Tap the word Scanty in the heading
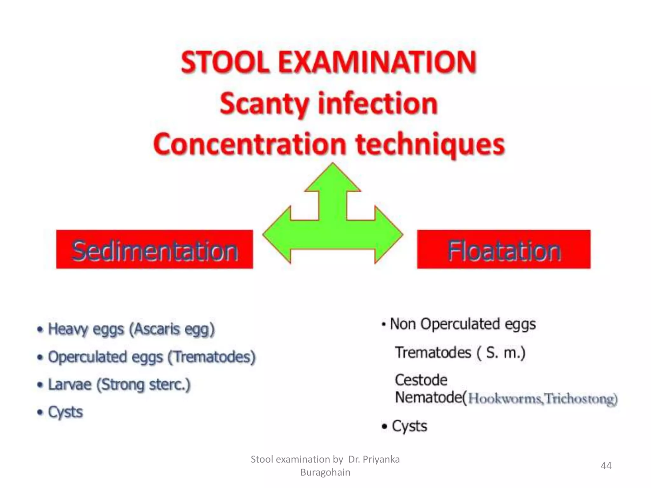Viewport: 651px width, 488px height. (264, 104)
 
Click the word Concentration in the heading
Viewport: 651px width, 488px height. (250, 144)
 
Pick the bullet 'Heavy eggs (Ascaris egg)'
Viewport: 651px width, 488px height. (131, 329)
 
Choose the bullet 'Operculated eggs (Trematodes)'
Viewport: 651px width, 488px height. (151, 357)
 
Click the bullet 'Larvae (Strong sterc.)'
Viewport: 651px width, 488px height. (119, 385)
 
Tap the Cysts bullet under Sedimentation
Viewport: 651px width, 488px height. (65, 412)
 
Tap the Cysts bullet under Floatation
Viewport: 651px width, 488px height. (409, 426)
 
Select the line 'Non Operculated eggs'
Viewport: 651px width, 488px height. (462, 324)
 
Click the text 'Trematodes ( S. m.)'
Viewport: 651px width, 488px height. (460, 353)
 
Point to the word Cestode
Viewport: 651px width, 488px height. (421, 380)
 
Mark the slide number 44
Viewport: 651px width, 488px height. (606, 466)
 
